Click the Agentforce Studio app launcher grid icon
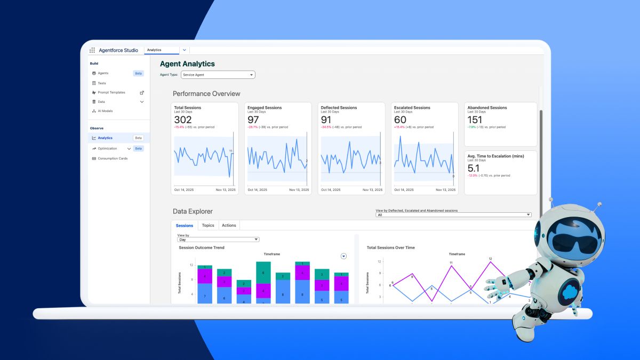[x=92, y=50]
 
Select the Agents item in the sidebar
[x=103, y=73]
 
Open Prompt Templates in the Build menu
[x=111, y=92]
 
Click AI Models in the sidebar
[x=105, y=111]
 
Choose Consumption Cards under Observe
[x=113, y=158]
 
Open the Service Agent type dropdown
[x=218, y=75]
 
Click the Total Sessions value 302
[x=183, y=120]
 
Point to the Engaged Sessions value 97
[x=254, y=120]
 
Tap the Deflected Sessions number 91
[x=327, y=120]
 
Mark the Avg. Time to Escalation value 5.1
[x=474, y=168]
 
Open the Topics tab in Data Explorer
[x=208, y=226]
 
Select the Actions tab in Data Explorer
[x=229, y=226]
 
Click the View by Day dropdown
[x=218, y=240]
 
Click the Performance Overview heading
[x=206, y=94]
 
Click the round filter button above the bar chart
[x=343, y=256]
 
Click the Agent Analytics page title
[x=187, y=64]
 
